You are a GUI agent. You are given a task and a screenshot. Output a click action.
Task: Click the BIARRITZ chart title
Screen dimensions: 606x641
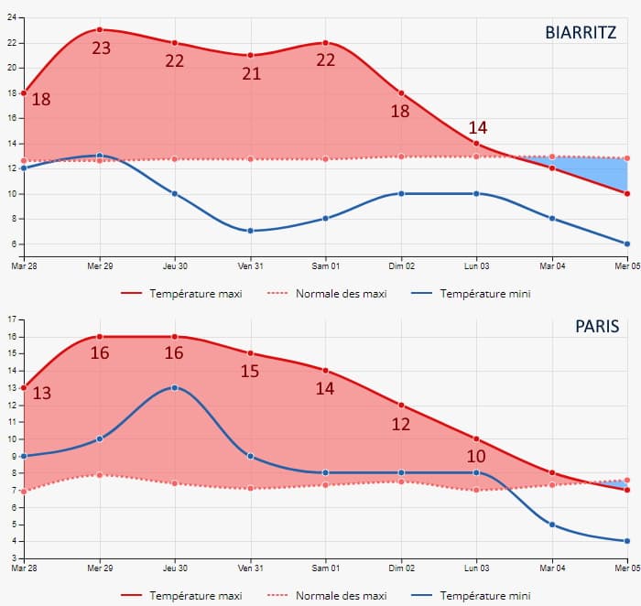pos(581,33)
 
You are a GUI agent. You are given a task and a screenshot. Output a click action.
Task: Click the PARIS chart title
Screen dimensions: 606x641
pos(597,326)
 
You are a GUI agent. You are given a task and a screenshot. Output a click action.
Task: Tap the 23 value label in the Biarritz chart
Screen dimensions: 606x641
pos(102,49)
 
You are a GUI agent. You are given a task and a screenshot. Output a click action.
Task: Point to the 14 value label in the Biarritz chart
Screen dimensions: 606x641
pos(478,127)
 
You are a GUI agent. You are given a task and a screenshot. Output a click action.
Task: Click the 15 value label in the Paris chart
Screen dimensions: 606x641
pos(250,371)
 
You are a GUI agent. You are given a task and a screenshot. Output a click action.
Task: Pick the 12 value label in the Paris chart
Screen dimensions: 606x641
pos(401,424)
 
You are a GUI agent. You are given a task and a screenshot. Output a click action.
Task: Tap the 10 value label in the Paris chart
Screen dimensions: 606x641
pos(476,457)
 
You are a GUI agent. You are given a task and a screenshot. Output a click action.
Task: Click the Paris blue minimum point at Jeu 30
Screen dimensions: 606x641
pos(175,387)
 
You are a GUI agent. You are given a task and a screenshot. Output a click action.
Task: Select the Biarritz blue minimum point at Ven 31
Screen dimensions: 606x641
pos(251,231)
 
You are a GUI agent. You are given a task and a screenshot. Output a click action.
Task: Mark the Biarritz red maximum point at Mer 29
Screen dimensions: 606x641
pos(100,29)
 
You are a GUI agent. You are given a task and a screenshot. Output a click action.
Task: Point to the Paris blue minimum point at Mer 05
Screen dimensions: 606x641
pos(627,541)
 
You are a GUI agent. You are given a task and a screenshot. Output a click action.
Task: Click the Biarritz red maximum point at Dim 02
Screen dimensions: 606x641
pos(401,92)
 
